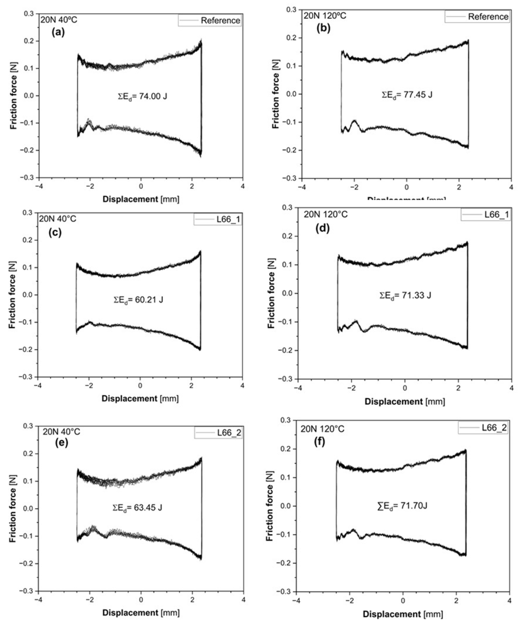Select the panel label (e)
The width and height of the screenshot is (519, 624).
tap(62, 443)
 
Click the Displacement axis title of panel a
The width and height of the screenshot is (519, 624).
tap(141, 199)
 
